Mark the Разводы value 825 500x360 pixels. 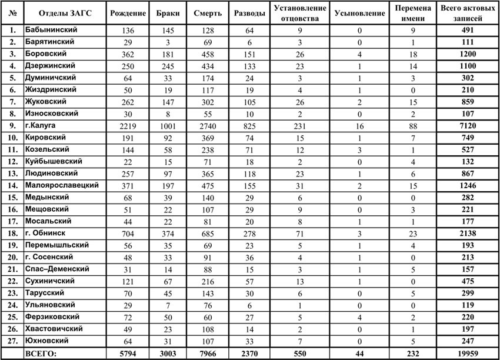pos(249,125)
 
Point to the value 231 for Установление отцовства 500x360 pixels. pos(300,125)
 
